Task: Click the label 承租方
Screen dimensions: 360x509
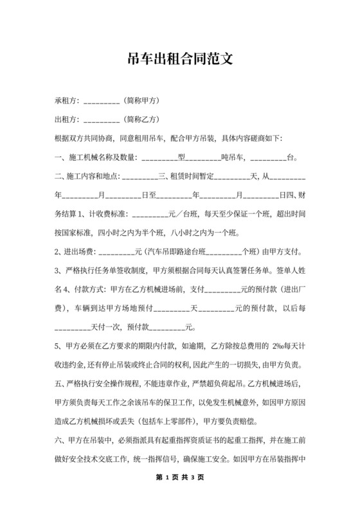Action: (x=67, y=102)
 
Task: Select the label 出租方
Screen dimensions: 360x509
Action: (x=67, y=120)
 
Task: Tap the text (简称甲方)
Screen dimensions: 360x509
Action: (x=143, y=102)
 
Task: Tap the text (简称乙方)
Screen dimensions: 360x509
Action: (x=143, y=120)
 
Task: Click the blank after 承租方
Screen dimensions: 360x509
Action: (x=102, y=102)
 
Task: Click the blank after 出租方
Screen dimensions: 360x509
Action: (x=102, y=120)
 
